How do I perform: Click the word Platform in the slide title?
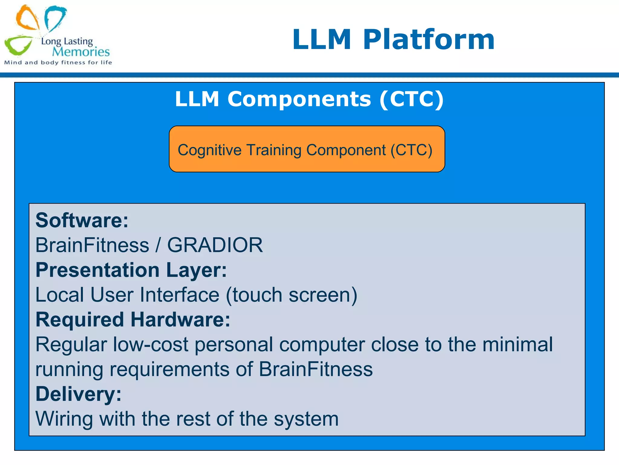pyautogui.click(x=428, y=40)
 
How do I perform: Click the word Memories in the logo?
pyautogui.click(x=81, y=52)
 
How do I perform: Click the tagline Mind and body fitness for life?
pyautogui.click(x=58, y=63)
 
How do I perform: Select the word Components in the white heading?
pyautogui.click(x=299, y=99)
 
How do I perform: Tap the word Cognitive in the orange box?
pyautogui.click(x=209, y=150)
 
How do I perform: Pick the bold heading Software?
pyautogui.click(x=82, y=220)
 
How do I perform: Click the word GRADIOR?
pyautogui.click(x=215, y=245)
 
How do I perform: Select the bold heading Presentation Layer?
pyautogui.click(x=131, y=270)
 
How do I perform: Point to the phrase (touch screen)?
pyautogui.click(x=291, y=295)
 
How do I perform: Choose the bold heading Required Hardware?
pyautogui.click(x=133, y=320)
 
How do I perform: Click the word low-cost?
pyautogui.click(x=151, y=345)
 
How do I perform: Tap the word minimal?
pyautogui.click(x=517, y=345)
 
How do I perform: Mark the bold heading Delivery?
pyautogui.click(x=78, y=394)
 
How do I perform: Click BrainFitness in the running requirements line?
pyautogui.click(x=316, y=369)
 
